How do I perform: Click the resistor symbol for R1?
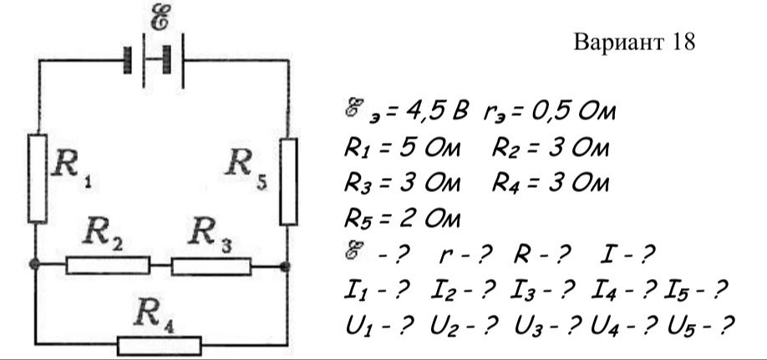(38, 179)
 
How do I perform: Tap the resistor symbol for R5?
(288, 181)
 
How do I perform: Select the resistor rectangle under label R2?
(108, 265)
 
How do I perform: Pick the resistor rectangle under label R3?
(211, 266)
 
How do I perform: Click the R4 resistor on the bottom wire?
(160, 345)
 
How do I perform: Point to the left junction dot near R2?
(34, 264)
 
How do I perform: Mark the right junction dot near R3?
(285, 266)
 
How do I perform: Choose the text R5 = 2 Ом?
(402, 219)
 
